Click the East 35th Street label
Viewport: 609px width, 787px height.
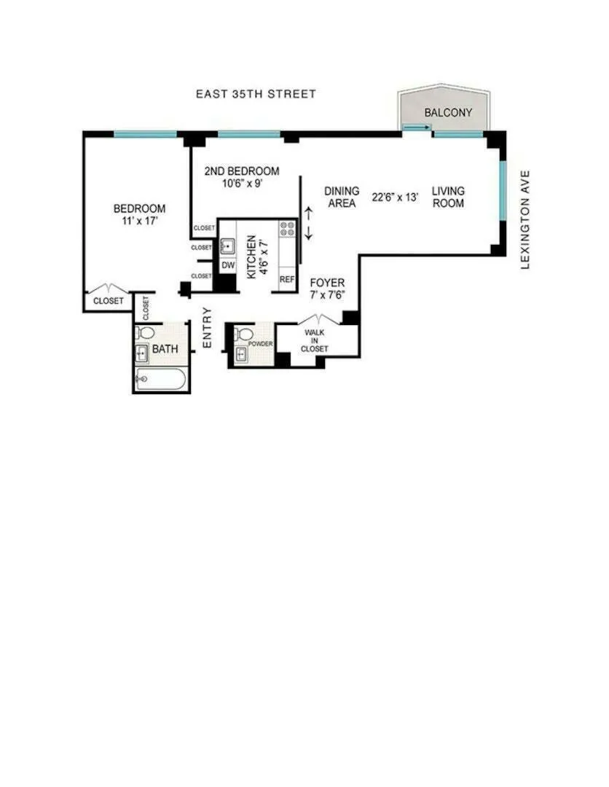(256, 94)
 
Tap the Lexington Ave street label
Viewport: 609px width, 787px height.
(527, 220)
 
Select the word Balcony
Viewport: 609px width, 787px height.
(448, 113)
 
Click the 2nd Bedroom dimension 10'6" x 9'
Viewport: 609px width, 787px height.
(241, 183)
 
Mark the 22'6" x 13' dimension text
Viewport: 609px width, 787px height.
(395, 197)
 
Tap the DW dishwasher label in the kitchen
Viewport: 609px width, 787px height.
(228, 265)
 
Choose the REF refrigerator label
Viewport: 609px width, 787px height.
(287, 279)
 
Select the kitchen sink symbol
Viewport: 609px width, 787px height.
(227, 246)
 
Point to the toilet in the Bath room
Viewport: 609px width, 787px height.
(146, 334)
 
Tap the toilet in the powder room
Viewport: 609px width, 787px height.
(240, 335)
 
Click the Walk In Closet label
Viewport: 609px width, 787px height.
(316, 341)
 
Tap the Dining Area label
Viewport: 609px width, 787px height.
(342, 197)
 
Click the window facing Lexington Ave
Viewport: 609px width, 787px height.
(503, 191)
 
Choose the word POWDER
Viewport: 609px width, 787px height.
(260, 343)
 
